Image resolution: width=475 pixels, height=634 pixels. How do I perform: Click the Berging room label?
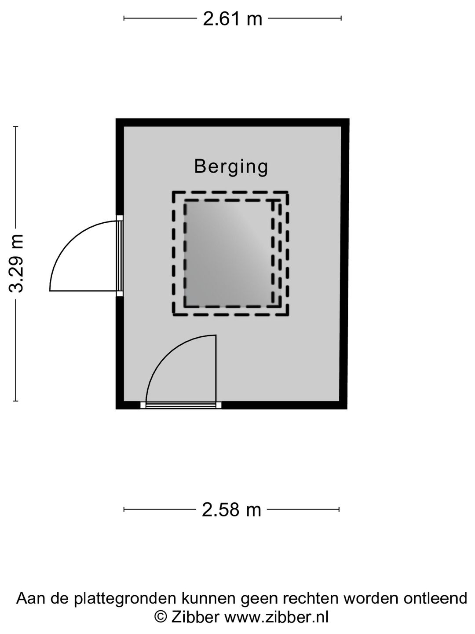(x=231, y=167)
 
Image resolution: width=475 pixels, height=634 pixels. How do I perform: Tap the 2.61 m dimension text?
(x=233, y=19)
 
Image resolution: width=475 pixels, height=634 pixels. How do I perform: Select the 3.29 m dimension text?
(x=16, y=263)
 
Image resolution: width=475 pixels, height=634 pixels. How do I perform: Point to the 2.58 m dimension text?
(x=231, y=510)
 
